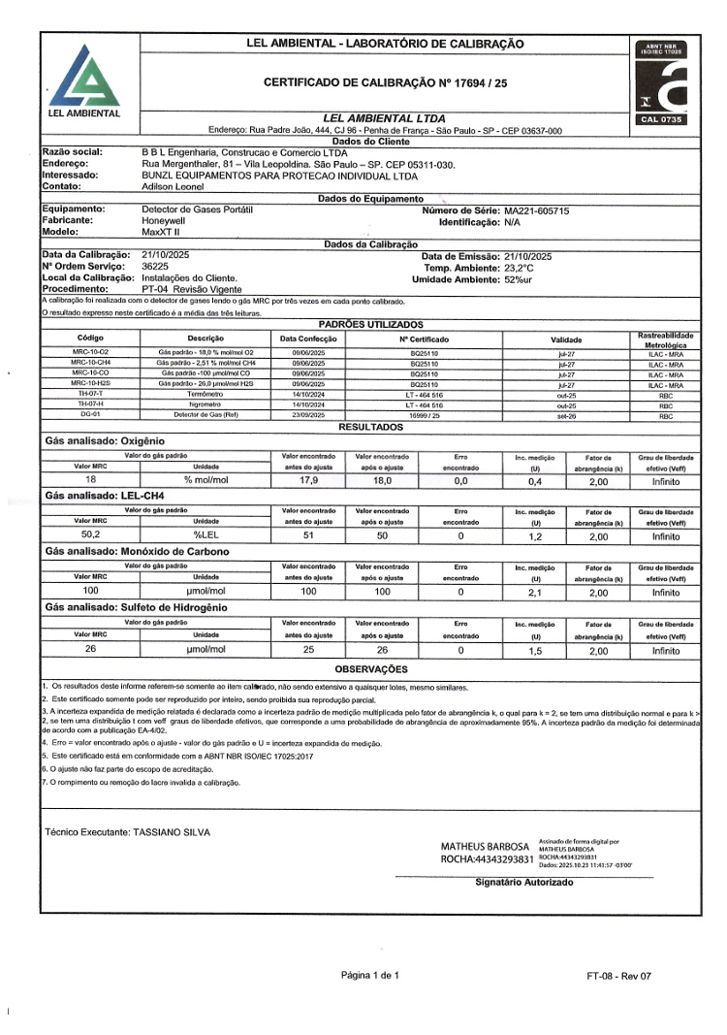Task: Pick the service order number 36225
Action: point(157,266)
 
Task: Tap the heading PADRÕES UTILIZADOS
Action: point(371,323)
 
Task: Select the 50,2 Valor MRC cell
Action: point(91,534)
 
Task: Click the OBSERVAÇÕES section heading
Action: point(371,669)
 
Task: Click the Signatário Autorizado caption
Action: point(524,882)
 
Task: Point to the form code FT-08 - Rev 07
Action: point(619,975)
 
